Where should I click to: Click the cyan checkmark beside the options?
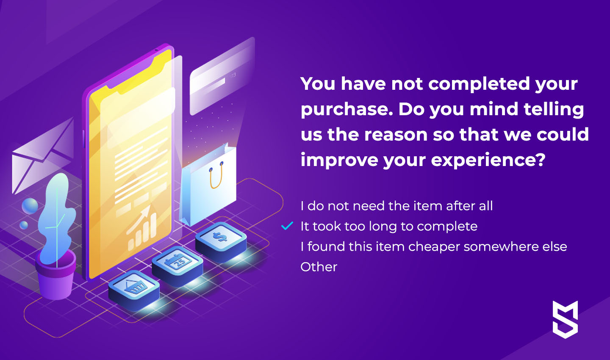tap(287, 226)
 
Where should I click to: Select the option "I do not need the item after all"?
tap(396, 206)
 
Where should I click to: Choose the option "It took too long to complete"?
tap(389, 226)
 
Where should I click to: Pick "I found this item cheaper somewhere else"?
tap(434, 246)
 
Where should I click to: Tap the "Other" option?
tap(319, 267)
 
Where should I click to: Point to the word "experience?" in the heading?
tap(488, 161)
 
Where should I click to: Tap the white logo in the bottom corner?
tap(566, 319)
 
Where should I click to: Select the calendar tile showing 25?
tap(177, 265)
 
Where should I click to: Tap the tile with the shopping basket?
tap(134, 289)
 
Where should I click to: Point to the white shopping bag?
tap(208, 185)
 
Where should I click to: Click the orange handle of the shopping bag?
tap(216, 175)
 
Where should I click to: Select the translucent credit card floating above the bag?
tap(222, 76)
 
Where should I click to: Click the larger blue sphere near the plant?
tap(30, 206)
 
